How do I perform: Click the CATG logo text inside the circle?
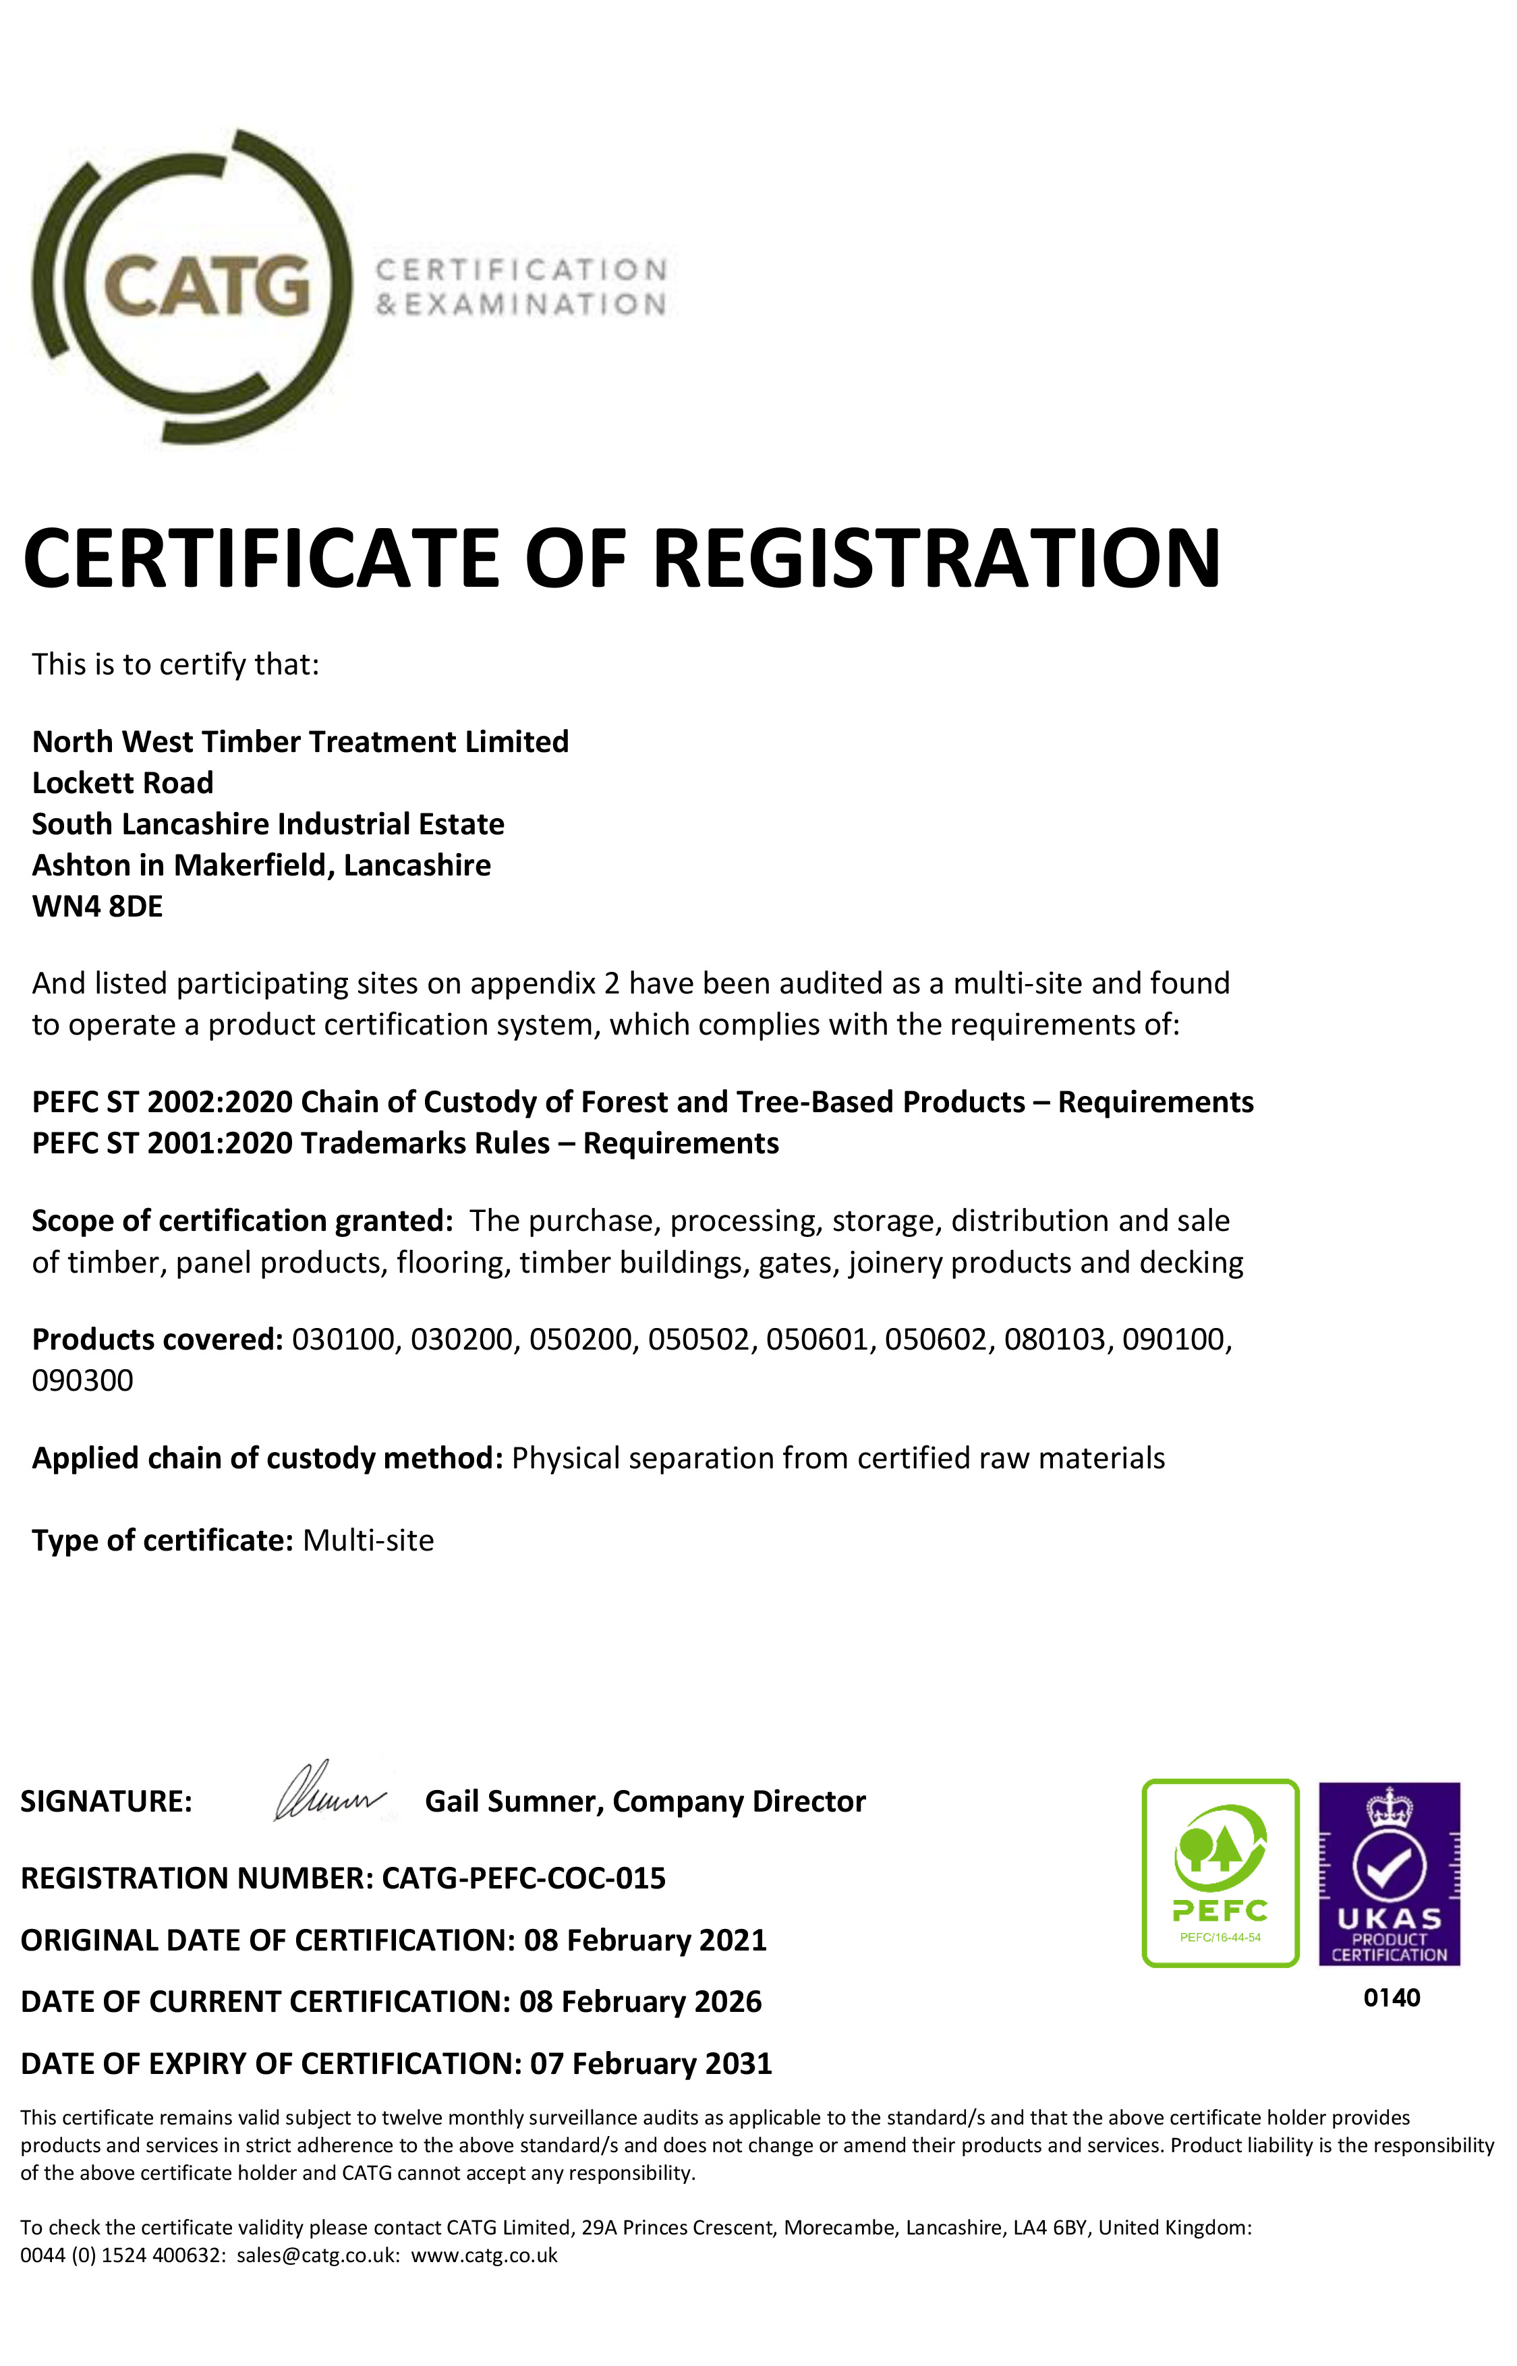tap(207, 286)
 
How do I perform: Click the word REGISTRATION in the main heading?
tap(936, 558)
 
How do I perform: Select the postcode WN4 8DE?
tap(98, 906)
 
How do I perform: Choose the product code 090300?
tap(83, 1381)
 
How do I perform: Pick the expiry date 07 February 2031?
tap(650, 2064)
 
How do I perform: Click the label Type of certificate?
tap(163, 1540)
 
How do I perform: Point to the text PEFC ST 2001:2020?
tap(163, 1144)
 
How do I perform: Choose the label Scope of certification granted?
tap(242, 1221)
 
